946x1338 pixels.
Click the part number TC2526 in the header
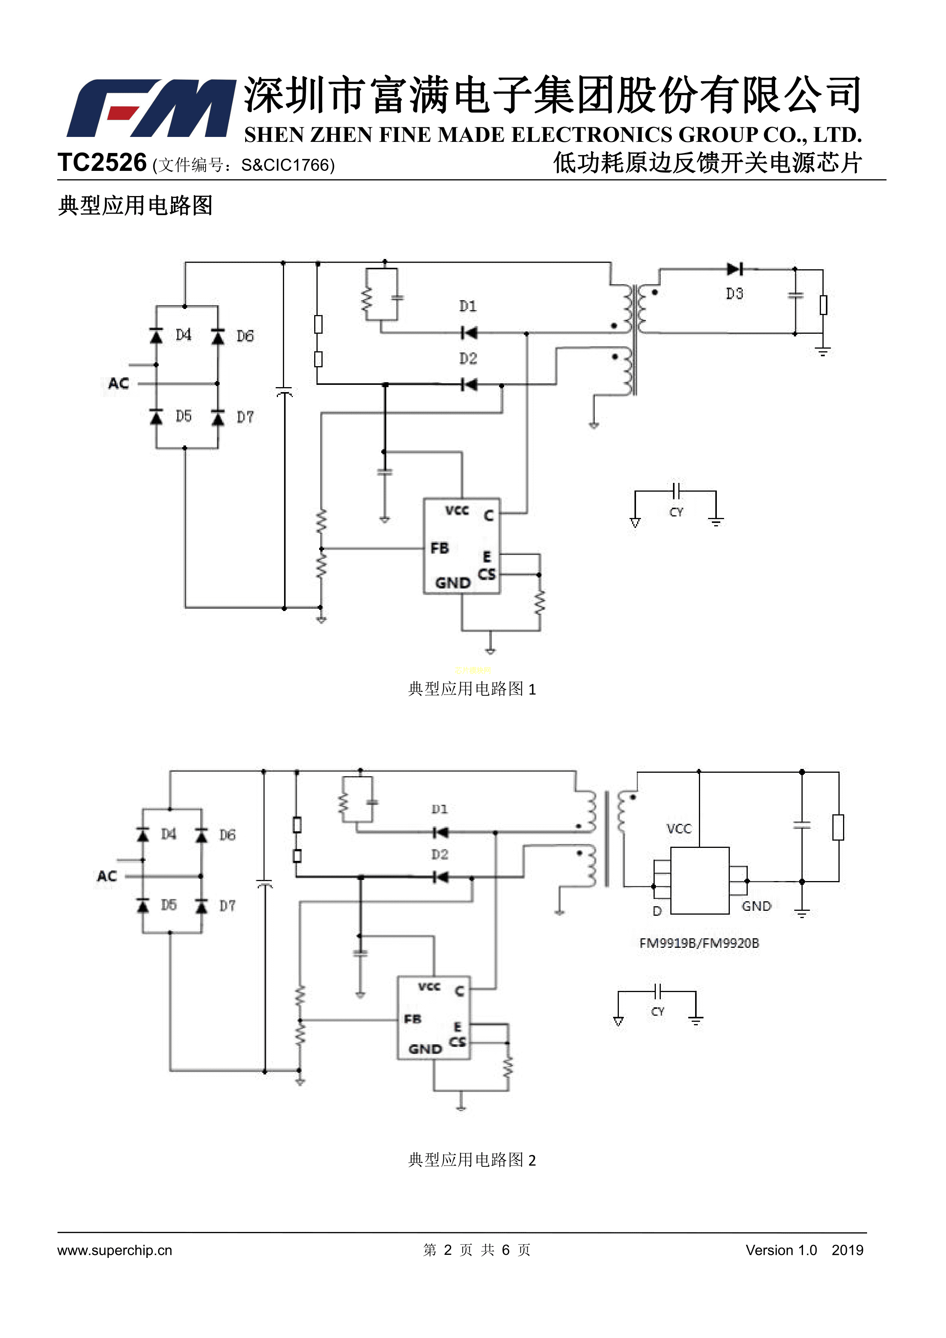(102, 163)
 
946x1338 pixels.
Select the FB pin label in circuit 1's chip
(440, 548)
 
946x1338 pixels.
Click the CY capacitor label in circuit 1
(676, 512)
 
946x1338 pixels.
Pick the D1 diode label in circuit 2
(440, 809)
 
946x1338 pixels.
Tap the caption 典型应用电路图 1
(472, 689)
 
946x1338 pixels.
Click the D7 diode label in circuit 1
(245, 417)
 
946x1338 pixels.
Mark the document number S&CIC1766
(287, 166)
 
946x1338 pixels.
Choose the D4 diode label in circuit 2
(169, 835)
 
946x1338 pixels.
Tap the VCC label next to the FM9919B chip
(679, 829)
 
